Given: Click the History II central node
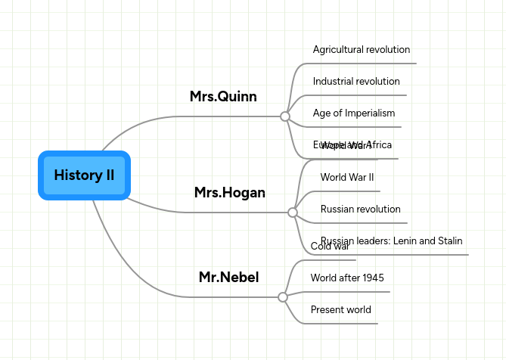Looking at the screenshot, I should tap(84, 175).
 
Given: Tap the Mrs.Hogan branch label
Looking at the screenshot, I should tap(229, 193).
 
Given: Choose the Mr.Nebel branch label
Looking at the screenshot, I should tap(228, 278).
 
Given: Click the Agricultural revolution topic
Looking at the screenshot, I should tap(362, 50).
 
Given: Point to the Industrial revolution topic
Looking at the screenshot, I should tap(356, 82).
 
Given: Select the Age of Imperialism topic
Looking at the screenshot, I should tap(354, 113).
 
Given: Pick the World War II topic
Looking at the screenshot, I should tap(347, 178).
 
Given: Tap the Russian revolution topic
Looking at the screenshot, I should tap(360, 209).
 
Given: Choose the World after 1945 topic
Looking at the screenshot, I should tap(347, 278).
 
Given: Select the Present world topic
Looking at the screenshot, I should tap(340, 310).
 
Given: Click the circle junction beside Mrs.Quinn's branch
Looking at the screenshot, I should tap(284, 116).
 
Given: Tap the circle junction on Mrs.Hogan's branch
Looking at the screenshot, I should tap(292, 213).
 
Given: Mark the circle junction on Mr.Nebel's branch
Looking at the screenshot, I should tap(283, 297).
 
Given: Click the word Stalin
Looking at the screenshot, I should tap(448, 241).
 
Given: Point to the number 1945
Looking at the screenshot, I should tap(373, 278).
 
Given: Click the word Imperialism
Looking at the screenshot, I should tap(367, 113).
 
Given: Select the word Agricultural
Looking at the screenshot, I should tap(338, 50).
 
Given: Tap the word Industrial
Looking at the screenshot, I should tap(333, 82).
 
